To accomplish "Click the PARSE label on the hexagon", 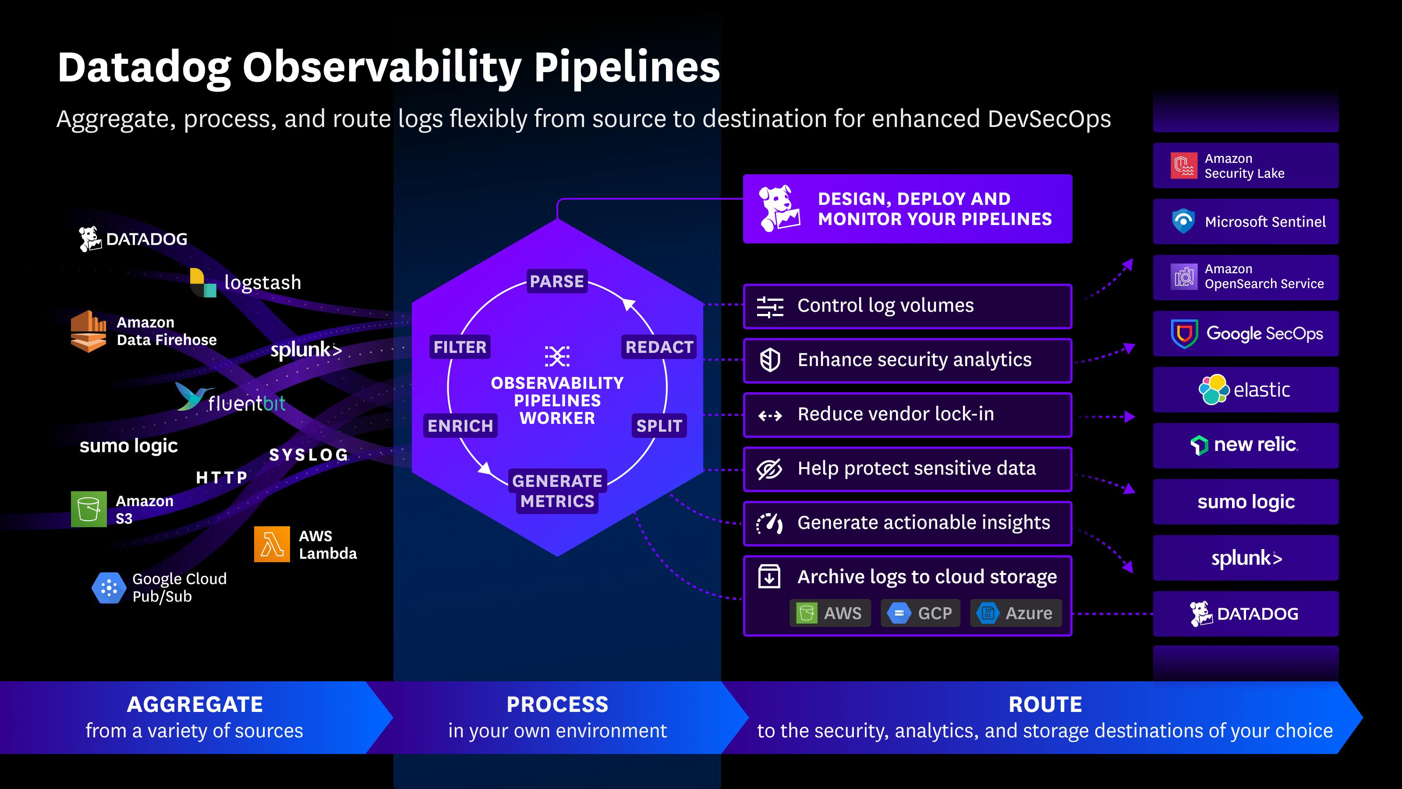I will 557,281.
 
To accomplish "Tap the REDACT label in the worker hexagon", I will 659,347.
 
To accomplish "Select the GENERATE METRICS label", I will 557,490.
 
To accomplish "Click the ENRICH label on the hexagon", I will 460,425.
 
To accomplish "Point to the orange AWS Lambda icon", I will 272,544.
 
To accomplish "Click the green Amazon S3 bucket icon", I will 89,509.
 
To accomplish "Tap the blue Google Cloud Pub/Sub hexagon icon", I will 109,588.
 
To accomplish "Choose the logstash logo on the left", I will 202,283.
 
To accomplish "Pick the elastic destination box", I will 1245,389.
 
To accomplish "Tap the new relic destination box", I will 1245,445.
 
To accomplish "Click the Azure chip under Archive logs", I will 1016,613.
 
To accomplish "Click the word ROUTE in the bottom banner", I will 1045,705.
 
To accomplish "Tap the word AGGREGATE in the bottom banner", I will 195,705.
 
